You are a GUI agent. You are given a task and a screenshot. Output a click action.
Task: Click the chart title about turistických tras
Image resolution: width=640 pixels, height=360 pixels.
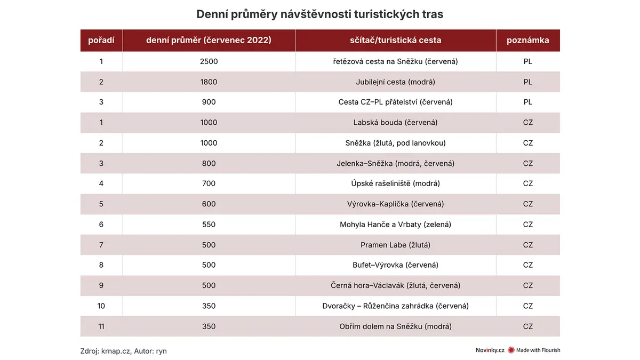pyautogui.click(x=319, y=14)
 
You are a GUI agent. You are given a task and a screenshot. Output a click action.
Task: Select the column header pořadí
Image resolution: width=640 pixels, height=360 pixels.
pyautogui.click(x=101, y=41)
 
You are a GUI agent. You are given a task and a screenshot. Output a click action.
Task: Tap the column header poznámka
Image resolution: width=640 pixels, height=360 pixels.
pyautogui.click(x=527, y=41)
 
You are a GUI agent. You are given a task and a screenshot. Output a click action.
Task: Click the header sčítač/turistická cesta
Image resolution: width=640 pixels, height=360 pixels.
pyautogui.click(x=395, y=41)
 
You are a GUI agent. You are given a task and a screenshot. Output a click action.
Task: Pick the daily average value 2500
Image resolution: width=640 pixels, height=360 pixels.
pyautogui.click(x=209, y=61)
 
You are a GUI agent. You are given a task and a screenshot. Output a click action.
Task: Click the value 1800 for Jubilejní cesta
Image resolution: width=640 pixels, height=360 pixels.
pyautogui.click(x=209, y=82)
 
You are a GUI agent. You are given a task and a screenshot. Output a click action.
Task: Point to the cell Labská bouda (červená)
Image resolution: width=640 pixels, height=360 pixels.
pyautogui.click(x=395, y=123)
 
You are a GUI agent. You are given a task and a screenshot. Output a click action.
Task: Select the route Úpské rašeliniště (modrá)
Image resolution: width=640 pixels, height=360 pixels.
pyautogui.click(x=395, y=183)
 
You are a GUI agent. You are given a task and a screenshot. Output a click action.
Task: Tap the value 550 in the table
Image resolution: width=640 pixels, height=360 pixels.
pyautogui.click(x=209, y=225)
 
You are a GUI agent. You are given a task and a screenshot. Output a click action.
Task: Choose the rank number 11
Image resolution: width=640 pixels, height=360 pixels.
pyautogui.click(x=101, y=326)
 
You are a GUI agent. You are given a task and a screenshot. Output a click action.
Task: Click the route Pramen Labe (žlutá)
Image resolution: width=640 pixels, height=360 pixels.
pyautogui.click(x=395, y=245)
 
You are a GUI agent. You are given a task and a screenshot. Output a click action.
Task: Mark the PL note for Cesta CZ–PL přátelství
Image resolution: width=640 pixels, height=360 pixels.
pyautogui.click(x=527, y=102)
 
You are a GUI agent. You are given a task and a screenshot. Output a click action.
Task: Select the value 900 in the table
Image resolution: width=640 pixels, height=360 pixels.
pyautogui.click(x=209, y=102)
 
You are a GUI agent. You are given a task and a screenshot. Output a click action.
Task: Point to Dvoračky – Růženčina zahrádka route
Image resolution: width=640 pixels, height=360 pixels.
pyautogui.click(x=395, y=306)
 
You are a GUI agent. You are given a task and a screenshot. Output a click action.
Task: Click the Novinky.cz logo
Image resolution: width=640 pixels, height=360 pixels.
pyautogui.click(x=490, y=350)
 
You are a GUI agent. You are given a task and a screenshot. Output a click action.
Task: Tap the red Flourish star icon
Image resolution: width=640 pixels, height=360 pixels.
pyautogui.click(x=511, y=350)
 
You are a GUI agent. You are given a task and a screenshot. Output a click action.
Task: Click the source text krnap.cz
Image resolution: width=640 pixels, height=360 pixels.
pyautogui.click(x=115, y=351)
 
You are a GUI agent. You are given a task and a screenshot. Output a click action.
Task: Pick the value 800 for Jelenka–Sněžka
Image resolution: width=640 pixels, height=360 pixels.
pyautogui.click(x=209, y=163)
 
